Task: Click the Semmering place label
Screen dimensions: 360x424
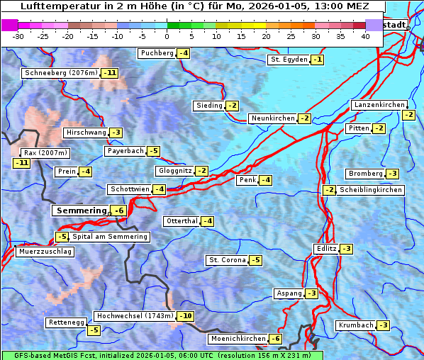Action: [80, 210]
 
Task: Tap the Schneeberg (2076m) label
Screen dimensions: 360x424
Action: [60, 73]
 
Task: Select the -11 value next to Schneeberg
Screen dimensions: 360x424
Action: [110, 73]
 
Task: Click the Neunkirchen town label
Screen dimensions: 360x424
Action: [273, 118]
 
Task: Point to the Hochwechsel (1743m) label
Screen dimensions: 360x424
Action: [134, 315]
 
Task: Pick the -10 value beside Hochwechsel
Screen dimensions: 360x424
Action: [185, 316]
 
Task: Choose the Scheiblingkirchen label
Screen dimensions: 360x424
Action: [371, 190]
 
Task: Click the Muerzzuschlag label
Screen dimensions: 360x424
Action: [45, 252]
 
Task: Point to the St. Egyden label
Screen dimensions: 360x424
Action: [289, 60]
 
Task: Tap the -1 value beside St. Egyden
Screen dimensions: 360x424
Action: [318, 60]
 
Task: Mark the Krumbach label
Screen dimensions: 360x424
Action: [355, 325]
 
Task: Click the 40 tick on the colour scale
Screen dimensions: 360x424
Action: [365, 36]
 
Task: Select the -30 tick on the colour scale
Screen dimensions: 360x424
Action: [18, 36]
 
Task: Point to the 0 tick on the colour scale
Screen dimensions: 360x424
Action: [167, 36]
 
